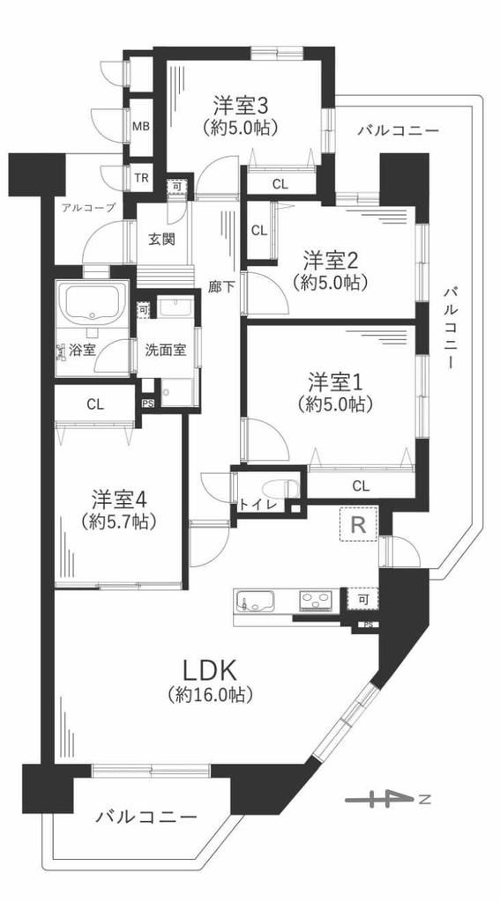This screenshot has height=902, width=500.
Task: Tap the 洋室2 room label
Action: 332,262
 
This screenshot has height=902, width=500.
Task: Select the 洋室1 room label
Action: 335,382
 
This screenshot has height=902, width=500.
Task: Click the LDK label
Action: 210,670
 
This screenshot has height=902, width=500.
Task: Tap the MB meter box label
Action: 142,127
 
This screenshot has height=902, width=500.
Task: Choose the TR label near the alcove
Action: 142,178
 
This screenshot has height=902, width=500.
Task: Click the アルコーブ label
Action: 89,208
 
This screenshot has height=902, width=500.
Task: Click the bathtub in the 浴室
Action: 93,303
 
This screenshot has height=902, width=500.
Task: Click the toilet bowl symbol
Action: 280,489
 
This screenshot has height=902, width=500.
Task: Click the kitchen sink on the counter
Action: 254,601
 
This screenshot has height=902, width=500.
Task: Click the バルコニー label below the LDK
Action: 146,817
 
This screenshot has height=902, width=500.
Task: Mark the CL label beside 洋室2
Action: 259,232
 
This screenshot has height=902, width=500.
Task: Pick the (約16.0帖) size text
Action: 210,696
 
